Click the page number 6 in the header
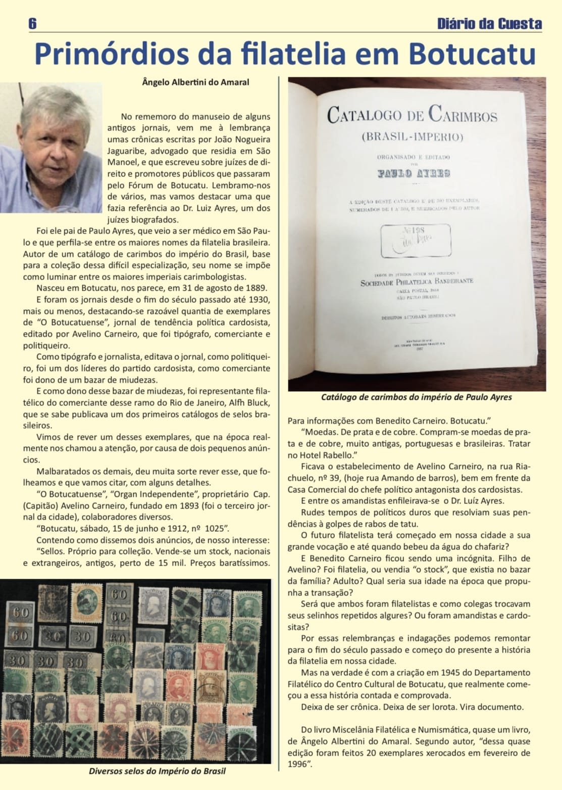[33, 23]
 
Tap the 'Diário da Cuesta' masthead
[489, 24]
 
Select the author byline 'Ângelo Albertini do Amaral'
[195, 82]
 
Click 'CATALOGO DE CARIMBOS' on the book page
[412, 115]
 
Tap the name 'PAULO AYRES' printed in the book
[413, 173]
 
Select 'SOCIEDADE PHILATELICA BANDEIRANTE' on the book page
[416, 282]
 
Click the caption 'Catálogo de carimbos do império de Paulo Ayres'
[416, 397]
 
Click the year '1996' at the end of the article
[297, 764]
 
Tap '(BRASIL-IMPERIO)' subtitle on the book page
[412, 136]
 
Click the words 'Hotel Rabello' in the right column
[331, 455]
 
